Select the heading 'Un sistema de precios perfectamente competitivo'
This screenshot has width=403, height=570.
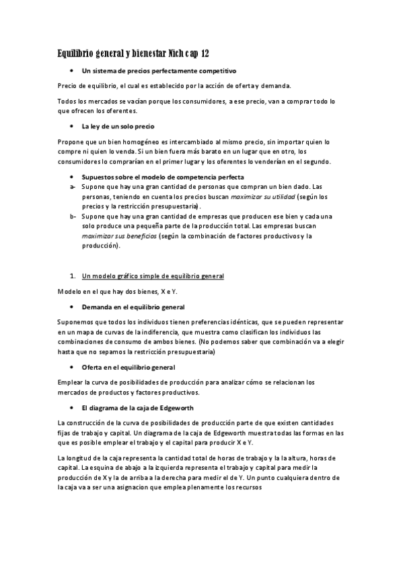[158, 71]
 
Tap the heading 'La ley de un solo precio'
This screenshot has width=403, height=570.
[118, 126]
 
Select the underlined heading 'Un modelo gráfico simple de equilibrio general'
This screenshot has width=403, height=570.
[153, 276]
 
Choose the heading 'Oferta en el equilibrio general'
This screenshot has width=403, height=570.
[129, 367]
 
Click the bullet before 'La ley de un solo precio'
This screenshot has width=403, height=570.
[71, 126]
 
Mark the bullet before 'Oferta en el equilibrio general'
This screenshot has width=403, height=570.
[71, 368]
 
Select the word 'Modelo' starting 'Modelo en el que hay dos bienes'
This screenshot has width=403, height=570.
[68, 291]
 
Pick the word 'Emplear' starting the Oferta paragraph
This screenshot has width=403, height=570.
[70, 382]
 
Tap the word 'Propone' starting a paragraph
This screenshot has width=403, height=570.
[71, 142]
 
